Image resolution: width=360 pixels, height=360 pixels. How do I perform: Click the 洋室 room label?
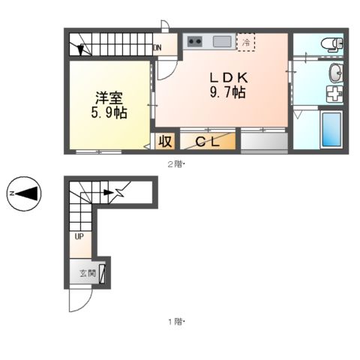pyautogui.click(x=109, y=97)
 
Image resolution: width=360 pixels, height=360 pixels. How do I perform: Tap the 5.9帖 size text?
pyautogui.click(x=109, y=113)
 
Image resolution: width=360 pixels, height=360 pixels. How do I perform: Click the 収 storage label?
pyautogui.click(x=164, y=141)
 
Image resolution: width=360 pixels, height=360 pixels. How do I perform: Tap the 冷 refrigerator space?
pyautogui.click(x=245, y=43)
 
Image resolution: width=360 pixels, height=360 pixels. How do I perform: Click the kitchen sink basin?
pyautogui.click(x=221, y=41)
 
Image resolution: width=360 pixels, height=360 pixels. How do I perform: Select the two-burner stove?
pyautogui.click(x=195, y=41)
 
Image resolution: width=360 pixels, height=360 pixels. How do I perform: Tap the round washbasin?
pyautogui.click(x=335, y=73)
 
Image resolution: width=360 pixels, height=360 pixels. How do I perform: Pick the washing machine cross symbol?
pyautogui.click(x=333, y=95)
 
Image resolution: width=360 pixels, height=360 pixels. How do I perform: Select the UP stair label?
pyautogui.click(x=79, y=238)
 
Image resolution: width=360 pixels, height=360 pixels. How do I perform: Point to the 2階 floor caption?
pyautogui.click(x=174, y=163)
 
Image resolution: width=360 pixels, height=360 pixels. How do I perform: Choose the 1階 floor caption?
pyautogui.click(x=174, y=322)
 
